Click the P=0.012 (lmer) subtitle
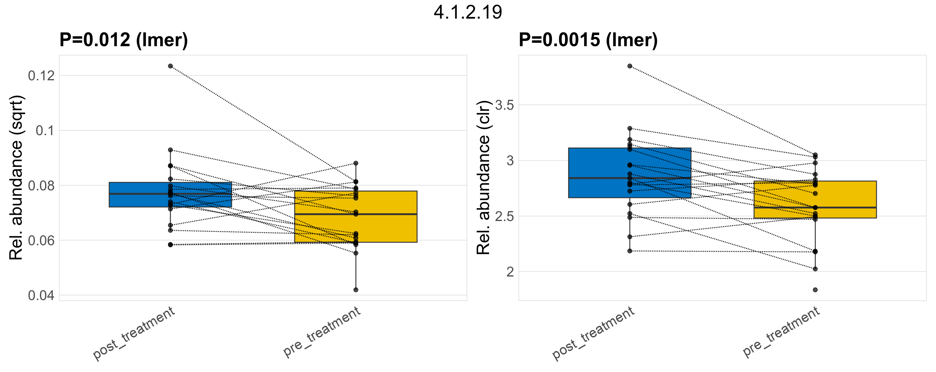coord(124,40)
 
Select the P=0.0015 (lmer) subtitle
coord(588,40)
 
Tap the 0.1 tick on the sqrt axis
coord(45,131)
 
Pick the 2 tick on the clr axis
coord(510,272)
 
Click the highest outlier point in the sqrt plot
coord(170,66)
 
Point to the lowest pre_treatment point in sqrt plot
coord(356,290)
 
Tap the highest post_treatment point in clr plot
coord(630,66)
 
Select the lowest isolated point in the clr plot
coord(815,290)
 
